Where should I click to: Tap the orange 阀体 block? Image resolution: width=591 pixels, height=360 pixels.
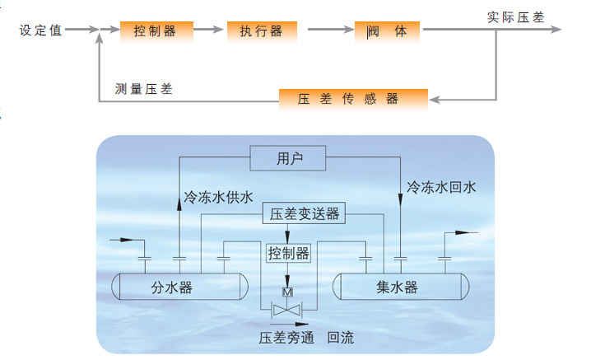pyautogui.click(x=387, y=31)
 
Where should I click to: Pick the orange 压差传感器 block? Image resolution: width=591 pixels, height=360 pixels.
pyautogui.click(x=353, y=99)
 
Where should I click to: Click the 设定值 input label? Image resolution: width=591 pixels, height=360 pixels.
pyautogui.click(x=40, y=30)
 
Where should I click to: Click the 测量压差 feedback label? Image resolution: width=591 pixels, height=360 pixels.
pyautogui.click(x=145, y=88)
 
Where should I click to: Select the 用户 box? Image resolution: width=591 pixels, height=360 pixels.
pyautogui.click(x=289, y=158)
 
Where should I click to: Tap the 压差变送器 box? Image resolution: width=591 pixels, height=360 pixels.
pyautogui.click(x=305, y=214)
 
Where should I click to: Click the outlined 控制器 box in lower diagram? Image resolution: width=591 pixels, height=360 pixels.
pyautogui.click(x=288, y=253)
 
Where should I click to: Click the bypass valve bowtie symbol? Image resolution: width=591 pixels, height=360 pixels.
pyautogui.click(x=287, y=310)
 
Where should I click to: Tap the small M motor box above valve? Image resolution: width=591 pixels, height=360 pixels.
pyautogui.click(x=287, y=292)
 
